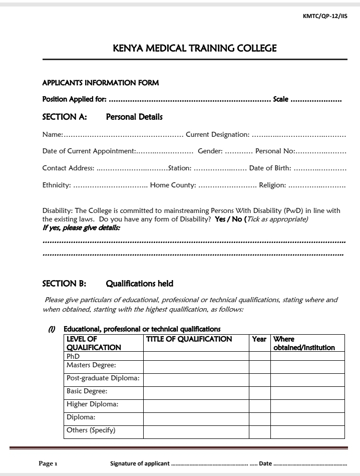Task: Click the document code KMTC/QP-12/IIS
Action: click(x=325, y=16)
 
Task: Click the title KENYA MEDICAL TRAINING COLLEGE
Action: click(x=195, y=48)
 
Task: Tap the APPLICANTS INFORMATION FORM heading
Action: click(x=100, y=83)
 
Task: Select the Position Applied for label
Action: click(x=74, y=99)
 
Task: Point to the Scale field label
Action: click(x=280, y=99)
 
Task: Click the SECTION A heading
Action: click(x=65, y=117)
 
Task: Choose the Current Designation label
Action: click(x=217, y=134)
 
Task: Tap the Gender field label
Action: click(x=210, y=151)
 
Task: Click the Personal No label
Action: click(x=275, y=151)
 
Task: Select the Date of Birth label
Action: click(x=270, y=168)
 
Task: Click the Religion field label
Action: click(x=272, y=185)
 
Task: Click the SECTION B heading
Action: click(x=64, y=284)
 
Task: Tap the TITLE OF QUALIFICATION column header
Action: click(x=189, y=339)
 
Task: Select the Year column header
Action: click(x=259, y=339)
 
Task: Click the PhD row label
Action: click(x=73, y=356)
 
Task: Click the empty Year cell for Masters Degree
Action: click(x=260, y=367)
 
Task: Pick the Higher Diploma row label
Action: click(x=92, y=404)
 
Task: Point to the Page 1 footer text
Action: click(x=49, y=463)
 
